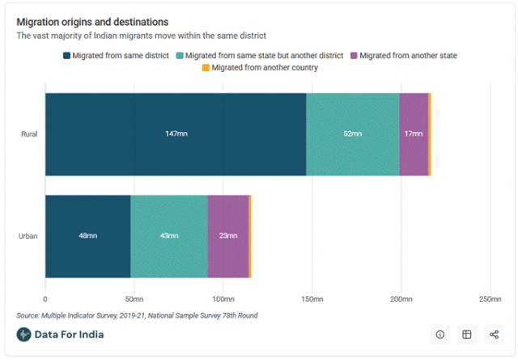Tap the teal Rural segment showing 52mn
(352, 133)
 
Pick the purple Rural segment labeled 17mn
(413, 133)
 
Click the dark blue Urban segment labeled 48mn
(87, 235)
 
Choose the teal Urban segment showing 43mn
(168, 235)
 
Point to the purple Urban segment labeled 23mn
(227, 235)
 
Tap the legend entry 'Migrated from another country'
(264, 67)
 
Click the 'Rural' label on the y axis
(29, 133)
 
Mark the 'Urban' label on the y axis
(28, 235)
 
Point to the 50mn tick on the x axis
(134, 299)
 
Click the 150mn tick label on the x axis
(312, 299)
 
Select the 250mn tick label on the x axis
(489, 299)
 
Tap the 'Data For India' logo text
(69, 334)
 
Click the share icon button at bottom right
(493, 334)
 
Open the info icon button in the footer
(440, 334)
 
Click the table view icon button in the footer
(467, 334)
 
